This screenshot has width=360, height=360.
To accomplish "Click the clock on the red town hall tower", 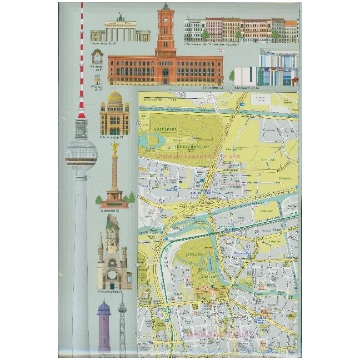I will tap(165, 16).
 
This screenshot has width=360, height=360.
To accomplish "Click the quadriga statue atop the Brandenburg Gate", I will tap(121, 17).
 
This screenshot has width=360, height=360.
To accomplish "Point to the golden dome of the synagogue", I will tap(114, 97).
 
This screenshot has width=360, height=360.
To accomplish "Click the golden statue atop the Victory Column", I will tap(115, 148).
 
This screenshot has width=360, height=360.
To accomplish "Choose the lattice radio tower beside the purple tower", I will tap(122, 328).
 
